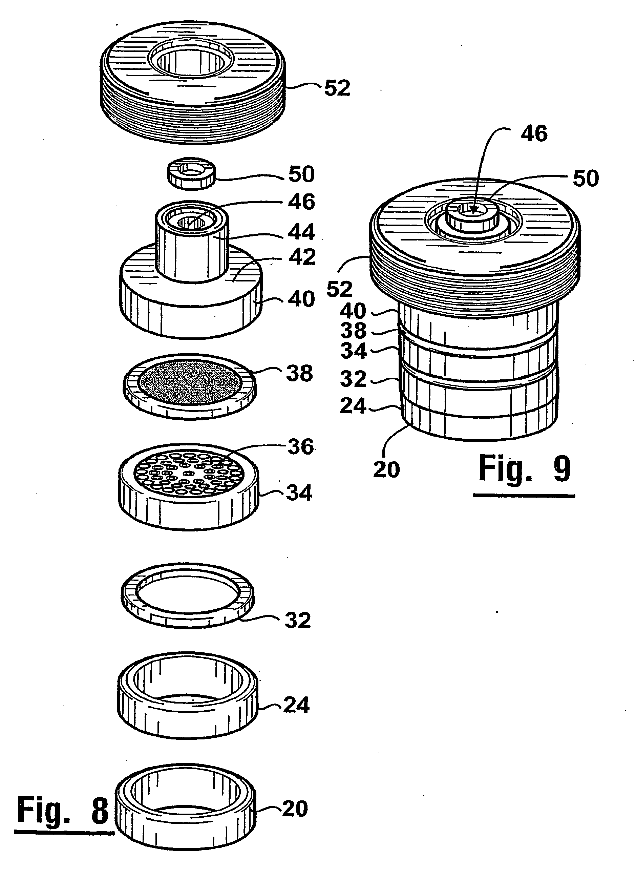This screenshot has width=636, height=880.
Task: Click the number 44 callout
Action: pos(301,232)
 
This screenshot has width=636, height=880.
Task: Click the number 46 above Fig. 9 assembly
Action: pos(534,133)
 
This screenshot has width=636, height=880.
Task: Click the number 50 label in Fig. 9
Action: pos(586,179)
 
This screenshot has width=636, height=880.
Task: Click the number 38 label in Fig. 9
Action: pos(353,331)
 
